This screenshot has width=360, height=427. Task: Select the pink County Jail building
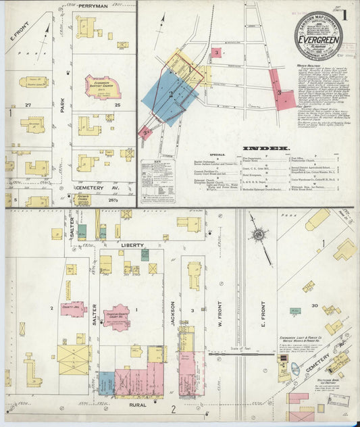click(x=72, y=309)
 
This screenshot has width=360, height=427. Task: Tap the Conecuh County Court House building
click(x=117, y=316)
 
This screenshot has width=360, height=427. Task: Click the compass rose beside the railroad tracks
click(x=258, y=234)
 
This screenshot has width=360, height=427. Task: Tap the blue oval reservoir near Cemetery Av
click(x=296, y=368)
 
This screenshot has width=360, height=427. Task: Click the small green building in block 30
click(x=295, y=311)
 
